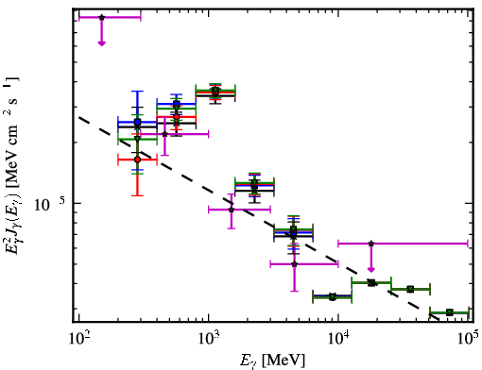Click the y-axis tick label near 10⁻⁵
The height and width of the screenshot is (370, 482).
click(50, 204)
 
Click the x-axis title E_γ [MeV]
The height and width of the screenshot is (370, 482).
click(272, 361)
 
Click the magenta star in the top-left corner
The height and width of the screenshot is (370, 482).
click(101, 17)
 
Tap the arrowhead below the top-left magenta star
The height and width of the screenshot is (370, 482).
click(101, 43)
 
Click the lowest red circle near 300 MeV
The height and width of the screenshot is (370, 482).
click(137, 160)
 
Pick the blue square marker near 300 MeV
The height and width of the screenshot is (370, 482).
click(137, 122)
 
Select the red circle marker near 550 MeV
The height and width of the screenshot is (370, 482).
click(177, 117)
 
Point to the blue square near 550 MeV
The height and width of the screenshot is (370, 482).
click(177, 104)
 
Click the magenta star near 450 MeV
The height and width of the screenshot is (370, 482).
click(164, 134)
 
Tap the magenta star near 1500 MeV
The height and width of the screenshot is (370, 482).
click(232, 210)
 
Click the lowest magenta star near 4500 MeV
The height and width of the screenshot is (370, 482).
click(294, 264)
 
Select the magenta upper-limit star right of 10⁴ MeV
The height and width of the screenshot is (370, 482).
click(371, 244)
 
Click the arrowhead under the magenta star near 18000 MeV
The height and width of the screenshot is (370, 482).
click(371, 270)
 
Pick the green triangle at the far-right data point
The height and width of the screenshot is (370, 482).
click(450, 312)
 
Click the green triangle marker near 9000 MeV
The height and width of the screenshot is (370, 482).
click(333, 296)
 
